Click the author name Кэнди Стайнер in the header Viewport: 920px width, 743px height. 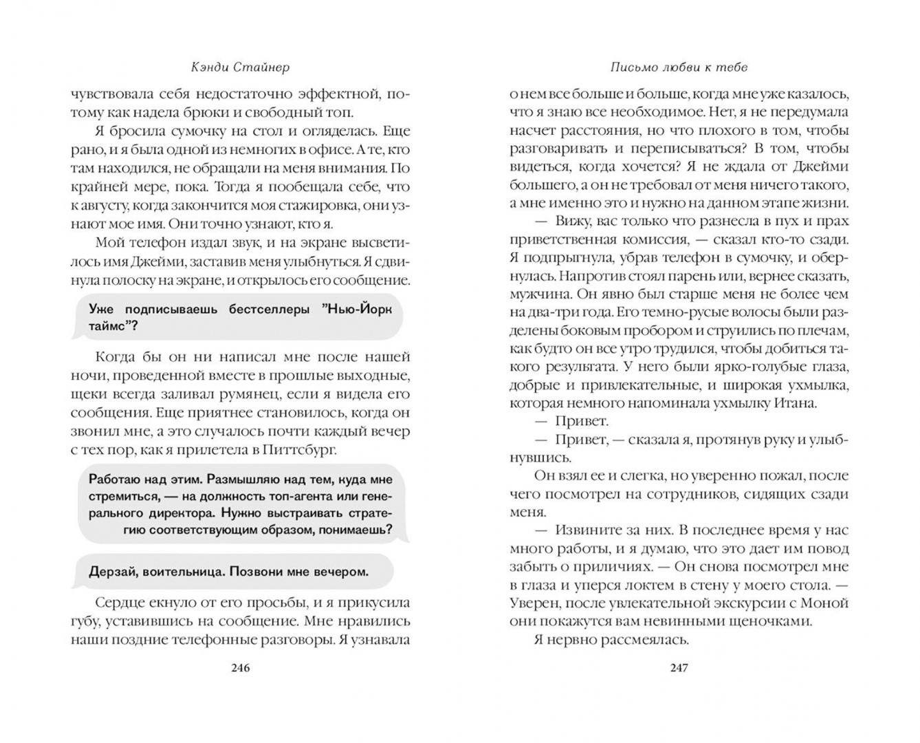pos(240,67)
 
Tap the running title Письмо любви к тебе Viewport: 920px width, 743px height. pos(678,67)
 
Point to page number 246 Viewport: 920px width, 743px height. pos(240,668)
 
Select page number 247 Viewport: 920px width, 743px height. pos(678,668)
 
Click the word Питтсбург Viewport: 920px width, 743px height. pos(299,450)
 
